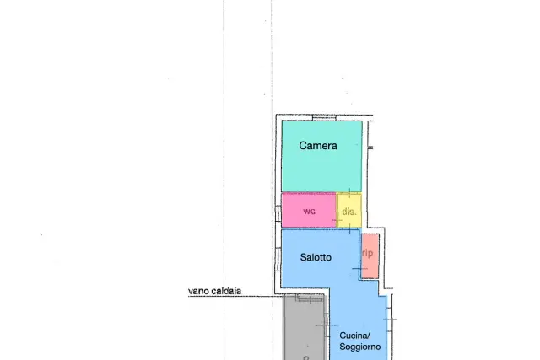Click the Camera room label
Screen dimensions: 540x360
318,146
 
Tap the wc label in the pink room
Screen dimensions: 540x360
310,211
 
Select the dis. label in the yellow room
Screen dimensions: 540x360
349,212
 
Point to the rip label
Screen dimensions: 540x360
368,253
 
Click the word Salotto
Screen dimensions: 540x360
316,257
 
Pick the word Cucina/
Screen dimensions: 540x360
354,336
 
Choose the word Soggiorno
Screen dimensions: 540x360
360,347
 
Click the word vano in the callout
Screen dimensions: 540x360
198,291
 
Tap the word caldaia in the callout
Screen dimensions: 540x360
226,291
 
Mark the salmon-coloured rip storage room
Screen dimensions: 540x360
370,256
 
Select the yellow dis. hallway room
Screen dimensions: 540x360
348,210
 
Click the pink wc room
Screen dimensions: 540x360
309,210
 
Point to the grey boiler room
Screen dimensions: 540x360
305,327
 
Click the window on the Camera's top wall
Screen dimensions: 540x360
324,118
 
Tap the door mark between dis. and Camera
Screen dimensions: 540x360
349,193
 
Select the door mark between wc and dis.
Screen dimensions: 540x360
337,220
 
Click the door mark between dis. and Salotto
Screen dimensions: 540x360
349,228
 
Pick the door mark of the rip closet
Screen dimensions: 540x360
359,268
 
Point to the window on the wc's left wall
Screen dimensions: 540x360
278,213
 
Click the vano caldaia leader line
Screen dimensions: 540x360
236,296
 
